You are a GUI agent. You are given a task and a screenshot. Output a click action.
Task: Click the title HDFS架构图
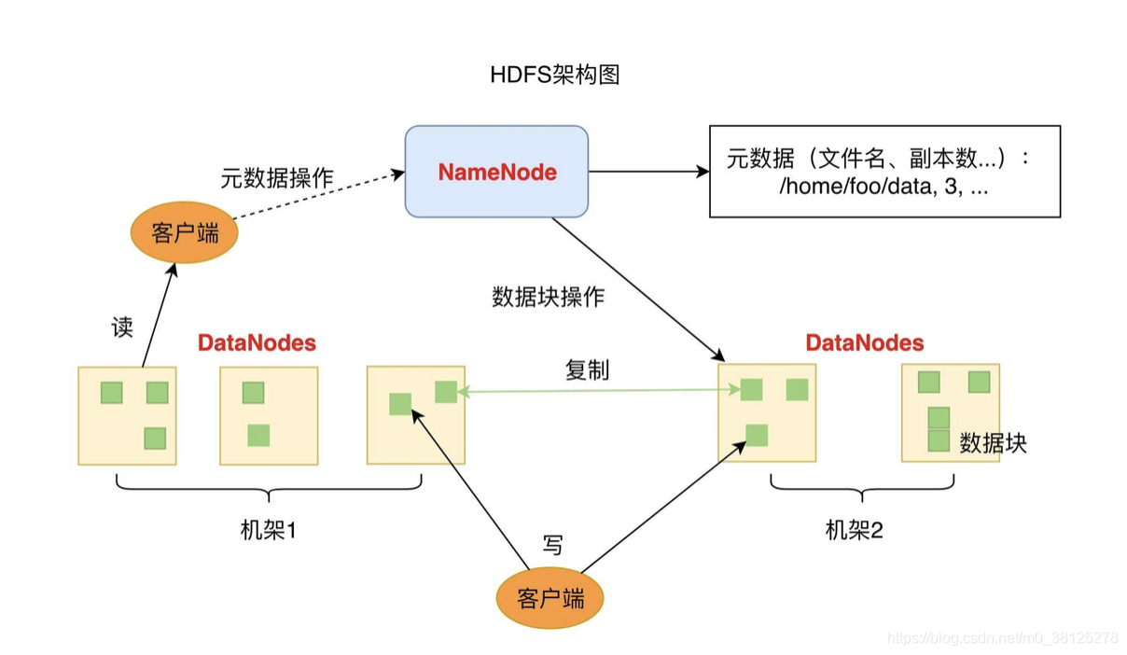(555, 76)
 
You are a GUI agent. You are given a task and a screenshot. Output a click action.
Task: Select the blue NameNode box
(496, 172)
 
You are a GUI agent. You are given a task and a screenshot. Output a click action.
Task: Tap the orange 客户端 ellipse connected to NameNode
(185, 232)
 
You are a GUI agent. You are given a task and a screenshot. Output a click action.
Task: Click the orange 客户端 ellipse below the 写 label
(550, 597)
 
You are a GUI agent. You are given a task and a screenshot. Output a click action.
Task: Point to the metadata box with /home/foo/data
(884, 172)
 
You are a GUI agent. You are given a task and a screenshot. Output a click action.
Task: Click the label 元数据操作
(277, 177)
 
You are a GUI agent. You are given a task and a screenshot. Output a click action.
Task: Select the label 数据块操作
(548, 297)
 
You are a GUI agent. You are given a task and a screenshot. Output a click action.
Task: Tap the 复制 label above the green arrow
(587, 369)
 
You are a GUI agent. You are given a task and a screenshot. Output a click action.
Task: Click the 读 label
(122, 327)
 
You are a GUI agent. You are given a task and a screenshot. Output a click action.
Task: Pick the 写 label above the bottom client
(553, 545)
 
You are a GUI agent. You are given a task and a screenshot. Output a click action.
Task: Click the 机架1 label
(268, 531)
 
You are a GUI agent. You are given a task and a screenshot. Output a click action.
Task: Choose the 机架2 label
(855, 531)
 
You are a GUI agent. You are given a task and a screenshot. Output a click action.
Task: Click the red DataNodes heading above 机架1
(257, 343)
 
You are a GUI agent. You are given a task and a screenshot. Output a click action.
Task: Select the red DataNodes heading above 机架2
(865, 343)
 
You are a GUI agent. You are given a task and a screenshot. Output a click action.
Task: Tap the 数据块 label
(993, 443)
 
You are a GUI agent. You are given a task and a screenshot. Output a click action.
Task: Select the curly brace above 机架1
(269, 488)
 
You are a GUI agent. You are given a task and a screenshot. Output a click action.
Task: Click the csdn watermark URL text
(1003, 638)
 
